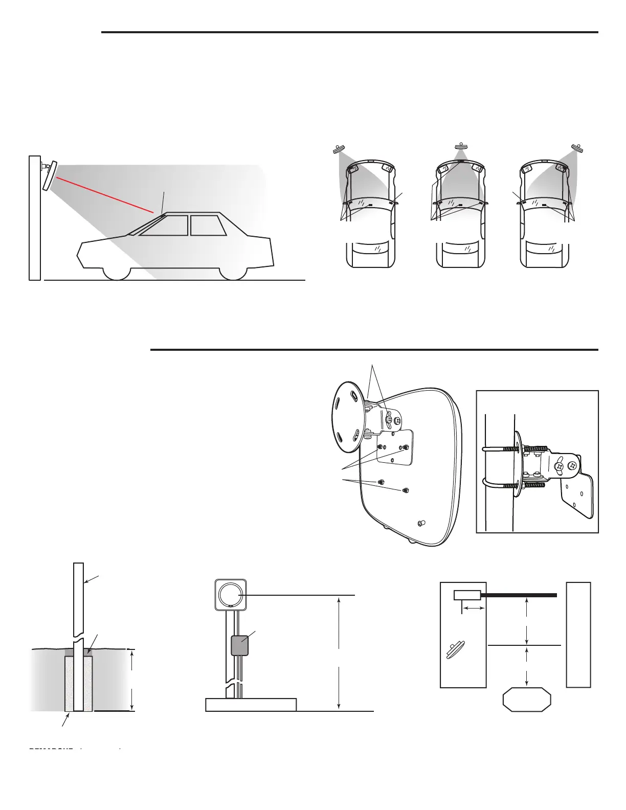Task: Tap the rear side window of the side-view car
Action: pyautogui.click(x=208, y=225)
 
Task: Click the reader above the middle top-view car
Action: pyautogui.click(x=461, y=147)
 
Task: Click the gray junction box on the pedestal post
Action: pyautogui.click(x=240, y=645)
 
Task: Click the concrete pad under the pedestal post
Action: pyautogui.click(x=251, y=704)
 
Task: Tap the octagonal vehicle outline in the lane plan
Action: pyautogui.click(x=527, y=701)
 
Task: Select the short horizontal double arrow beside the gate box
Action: pyautogui.click(x=473, y=608)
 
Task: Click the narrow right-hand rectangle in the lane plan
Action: pyautogui.click(x=578, y=634)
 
